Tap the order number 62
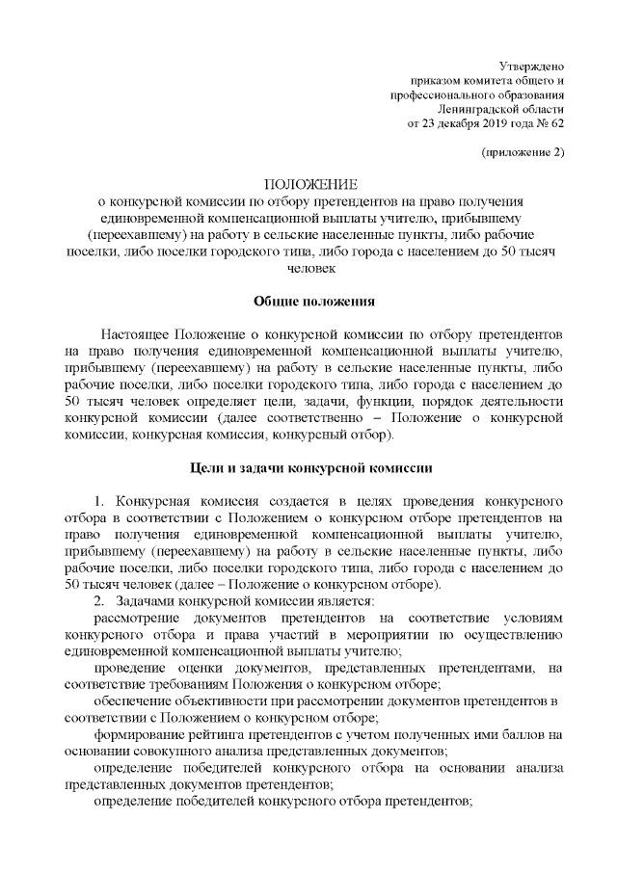tap(557, 124)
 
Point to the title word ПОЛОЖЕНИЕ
tap(309, 184)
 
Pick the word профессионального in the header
tap(440, 93)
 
